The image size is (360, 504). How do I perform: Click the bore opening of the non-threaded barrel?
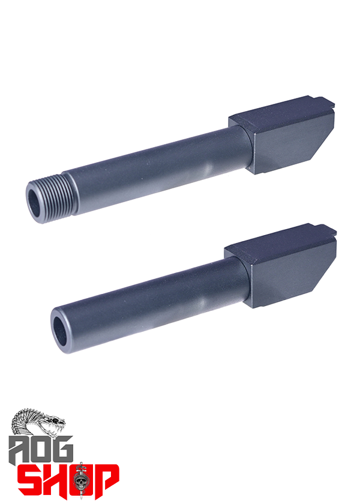60,331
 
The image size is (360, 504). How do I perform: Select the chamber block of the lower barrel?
280,266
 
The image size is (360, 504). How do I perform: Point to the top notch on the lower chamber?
325,229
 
